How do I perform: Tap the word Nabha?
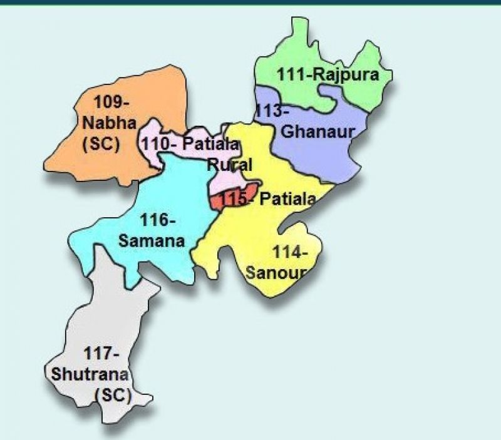tap(109, 122)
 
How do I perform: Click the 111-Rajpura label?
tap(328, 75)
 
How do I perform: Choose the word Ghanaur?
tap(318, 131)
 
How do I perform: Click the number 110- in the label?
tap(156, 144)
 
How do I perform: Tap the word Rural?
tap(230, 165)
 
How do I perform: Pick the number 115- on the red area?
tap(237, 200)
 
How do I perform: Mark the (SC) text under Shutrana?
tap(113, 396)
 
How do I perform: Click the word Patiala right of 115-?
tap(287, 200)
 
